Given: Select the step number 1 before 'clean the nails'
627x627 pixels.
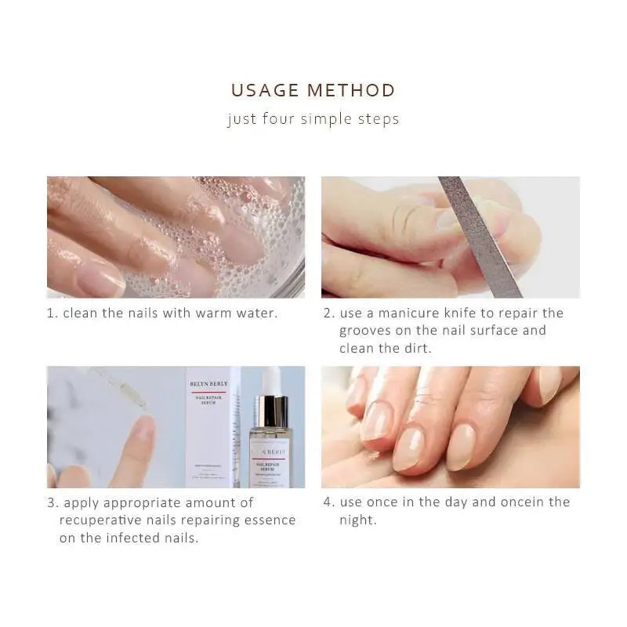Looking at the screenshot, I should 51,313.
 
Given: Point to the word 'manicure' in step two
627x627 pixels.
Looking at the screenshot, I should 411,313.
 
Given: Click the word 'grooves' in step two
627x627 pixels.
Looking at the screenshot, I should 367,331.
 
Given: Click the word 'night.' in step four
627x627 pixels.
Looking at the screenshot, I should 357,520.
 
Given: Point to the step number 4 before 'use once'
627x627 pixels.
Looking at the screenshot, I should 329,502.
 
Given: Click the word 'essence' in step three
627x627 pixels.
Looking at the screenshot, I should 266,520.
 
